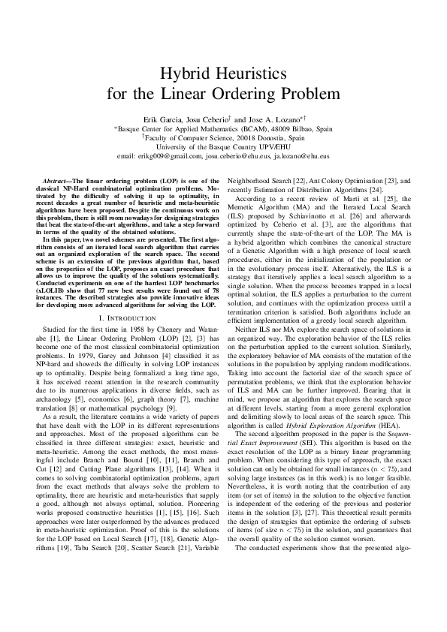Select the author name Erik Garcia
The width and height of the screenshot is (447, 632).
point(162,119)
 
